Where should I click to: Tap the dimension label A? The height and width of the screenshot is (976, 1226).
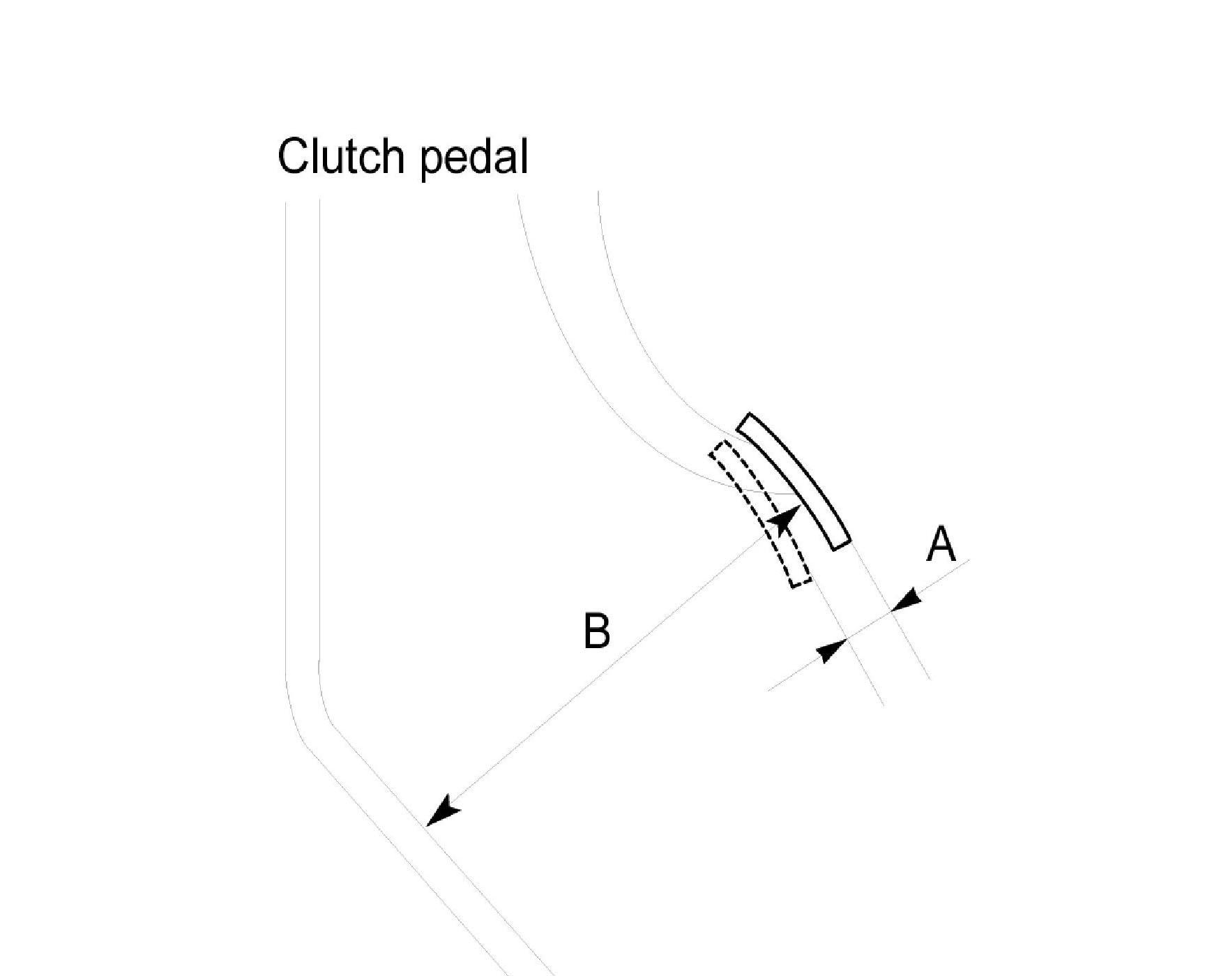coord(941,545)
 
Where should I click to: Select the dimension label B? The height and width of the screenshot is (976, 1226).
coord(596,631)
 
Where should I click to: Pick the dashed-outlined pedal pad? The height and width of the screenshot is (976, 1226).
coord(761,513)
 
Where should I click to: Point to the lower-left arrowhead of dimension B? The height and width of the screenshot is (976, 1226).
coord(442,812)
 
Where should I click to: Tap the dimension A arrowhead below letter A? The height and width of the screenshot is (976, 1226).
coord(906,601)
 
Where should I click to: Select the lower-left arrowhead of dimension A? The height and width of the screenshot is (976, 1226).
coord(831,652)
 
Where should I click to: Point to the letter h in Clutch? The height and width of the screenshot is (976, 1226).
coord(392,156)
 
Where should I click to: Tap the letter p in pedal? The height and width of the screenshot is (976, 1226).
coord(433,161)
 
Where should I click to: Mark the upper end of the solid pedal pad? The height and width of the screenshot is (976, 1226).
coord(745,423)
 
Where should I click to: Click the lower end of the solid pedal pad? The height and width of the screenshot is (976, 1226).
coord(841,542)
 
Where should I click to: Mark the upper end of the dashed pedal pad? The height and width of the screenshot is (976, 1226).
coord(719,448)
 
